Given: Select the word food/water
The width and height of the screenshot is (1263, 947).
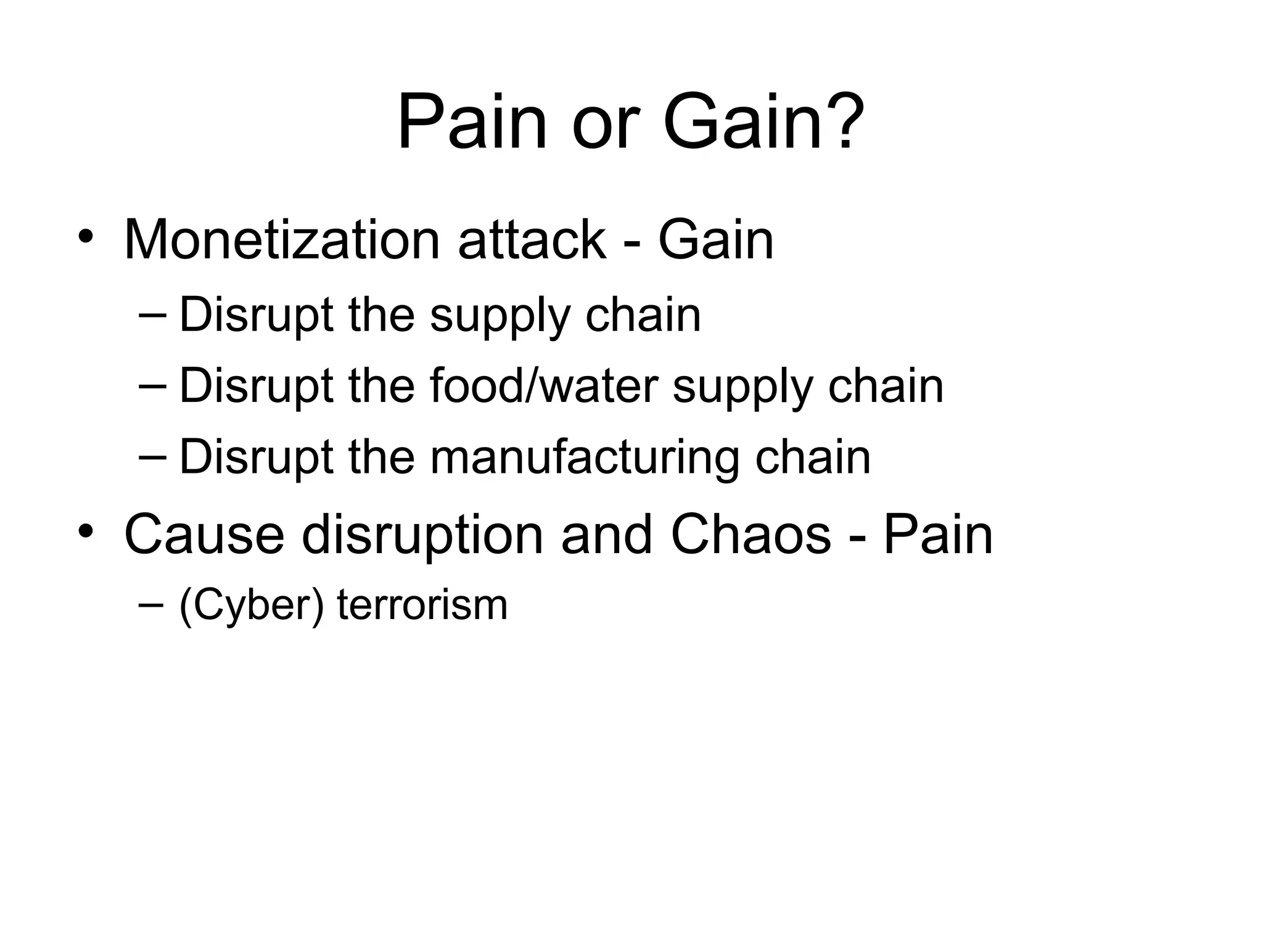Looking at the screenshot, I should click(543, 386).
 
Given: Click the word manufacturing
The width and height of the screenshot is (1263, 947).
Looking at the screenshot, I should click(583, 457).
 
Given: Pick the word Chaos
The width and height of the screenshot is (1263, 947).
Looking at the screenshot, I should click(751, 534).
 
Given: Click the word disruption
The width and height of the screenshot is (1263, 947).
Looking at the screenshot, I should click(422, 534).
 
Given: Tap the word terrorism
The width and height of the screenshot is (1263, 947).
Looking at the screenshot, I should click(422, 605).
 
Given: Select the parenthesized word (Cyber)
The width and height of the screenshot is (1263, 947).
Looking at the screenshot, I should click(251, 605).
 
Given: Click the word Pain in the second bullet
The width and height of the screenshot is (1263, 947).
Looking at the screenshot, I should click(937, 534).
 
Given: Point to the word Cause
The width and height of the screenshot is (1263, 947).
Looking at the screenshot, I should click(204, 534).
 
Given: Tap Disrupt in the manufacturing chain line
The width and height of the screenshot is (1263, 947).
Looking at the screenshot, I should click(257, 457).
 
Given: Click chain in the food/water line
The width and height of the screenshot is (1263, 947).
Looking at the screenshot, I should click(886, 386).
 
